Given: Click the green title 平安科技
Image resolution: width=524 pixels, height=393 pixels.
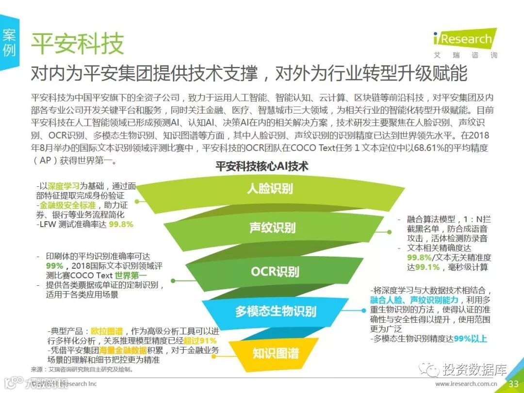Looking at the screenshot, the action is pyautogui.click(x=78, y=44).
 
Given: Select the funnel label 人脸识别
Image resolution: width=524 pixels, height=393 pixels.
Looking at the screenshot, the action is pyautogui.click(x=270, y=188).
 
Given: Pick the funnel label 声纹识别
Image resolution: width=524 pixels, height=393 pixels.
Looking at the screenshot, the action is pyautogui.click(x=272, y=227).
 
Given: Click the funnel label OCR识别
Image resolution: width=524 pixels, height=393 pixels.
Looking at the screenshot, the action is pyautogui.click(x=275, y=272).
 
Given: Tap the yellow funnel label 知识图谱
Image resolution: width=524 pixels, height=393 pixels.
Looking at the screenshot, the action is pyautogui.click(x=275, y=353).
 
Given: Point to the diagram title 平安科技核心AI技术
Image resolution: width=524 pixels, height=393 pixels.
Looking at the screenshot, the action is pyautogui.click(x=262, y=166).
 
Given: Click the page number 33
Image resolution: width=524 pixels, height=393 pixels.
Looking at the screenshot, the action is pyautogui.click(x=513, y=384).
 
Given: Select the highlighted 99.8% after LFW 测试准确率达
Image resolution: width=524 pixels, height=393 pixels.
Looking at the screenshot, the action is pyautogui.click(x=121, y=225).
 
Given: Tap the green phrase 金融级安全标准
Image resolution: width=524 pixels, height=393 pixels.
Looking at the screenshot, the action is pyautogui.click(x=67, y=205).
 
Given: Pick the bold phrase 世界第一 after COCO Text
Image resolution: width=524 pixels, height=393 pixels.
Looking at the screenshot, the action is pyautogui.click(x=133, y=276).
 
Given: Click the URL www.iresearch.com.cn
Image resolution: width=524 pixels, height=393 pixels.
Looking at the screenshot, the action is pyautogui.click(x=466, y=384).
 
